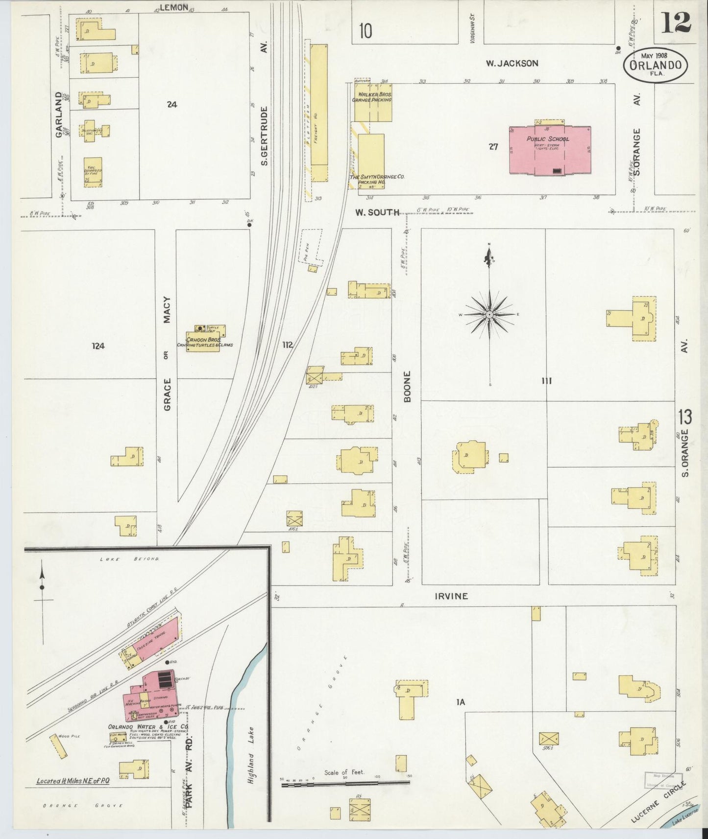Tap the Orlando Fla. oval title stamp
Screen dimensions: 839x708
[655, 64]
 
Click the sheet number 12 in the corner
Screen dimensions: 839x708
[676, 22]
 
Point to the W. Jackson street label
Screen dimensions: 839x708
[512, 63]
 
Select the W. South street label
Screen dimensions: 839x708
[377, 212]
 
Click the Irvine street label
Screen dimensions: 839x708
[451, 596]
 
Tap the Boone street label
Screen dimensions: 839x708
[408, 387]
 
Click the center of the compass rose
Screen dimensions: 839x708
[489, 314]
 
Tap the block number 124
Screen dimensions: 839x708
[98, 346]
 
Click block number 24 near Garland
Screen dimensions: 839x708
[171, 104]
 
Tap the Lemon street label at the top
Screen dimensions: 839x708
[174, 7]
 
